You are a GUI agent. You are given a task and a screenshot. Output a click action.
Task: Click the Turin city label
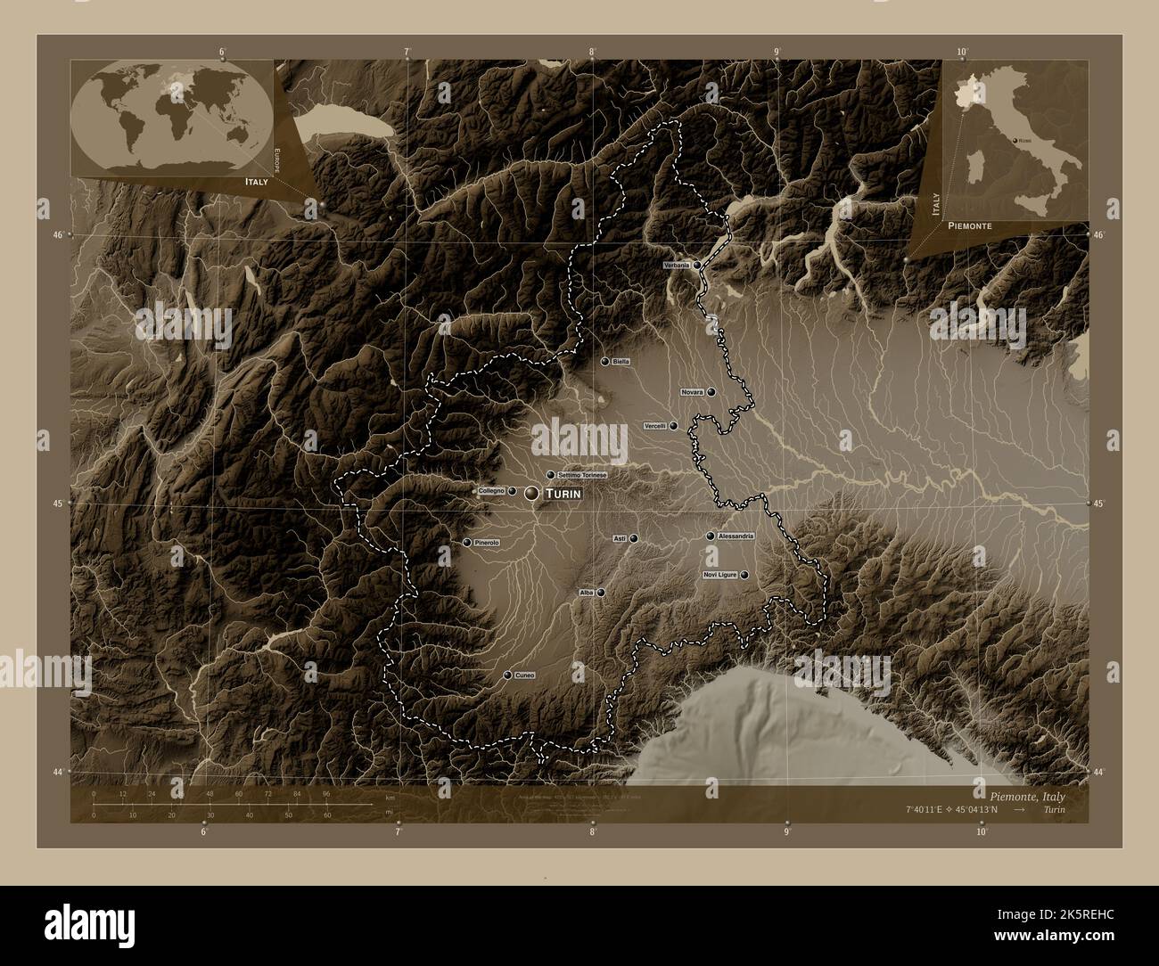tap(563, 493)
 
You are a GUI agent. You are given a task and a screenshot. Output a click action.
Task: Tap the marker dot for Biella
tap(605, 362)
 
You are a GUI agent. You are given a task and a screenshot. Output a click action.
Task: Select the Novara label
tap(693, 392)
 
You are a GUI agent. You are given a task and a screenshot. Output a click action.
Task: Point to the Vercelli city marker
tap(673, 426)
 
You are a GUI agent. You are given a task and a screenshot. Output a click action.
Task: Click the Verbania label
tap(677, 266)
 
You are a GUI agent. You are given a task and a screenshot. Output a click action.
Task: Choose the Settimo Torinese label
tap(582, 475)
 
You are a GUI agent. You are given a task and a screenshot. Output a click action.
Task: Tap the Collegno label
tap(492, 491)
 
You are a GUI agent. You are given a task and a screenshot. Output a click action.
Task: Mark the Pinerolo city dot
tap(467, 542)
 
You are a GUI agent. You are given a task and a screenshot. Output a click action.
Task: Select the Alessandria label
tap(736, 536)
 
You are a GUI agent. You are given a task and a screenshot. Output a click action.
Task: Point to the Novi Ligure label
tap(719, 575)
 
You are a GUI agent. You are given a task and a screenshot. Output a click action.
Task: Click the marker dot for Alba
tap(601, 592)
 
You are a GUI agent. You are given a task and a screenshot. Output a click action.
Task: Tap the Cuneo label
tap(524, 675)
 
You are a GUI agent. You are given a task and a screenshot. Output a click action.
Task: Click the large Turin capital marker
tap(532, 493)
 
